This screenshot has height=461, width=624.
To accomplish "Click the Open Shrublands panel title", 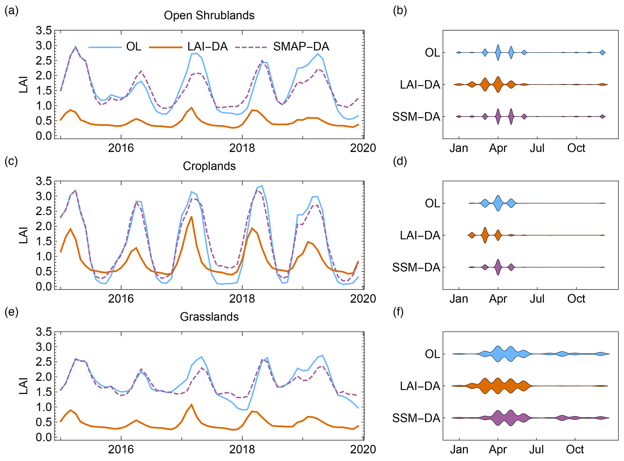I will pos(209,15).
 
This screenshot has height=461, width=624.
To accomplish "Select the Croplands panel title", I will pos(209,166).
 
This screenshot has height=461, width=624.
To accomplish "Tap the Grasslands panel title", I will pos(209,317).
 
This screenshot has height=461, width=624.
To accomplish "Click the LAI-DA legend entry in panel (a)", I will pos(207,47).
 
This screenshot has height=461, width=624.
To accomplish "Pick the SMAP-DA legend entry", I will pos(301,47).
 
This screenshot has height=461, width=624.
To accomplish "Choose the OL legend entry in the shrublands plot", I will pos(134,47).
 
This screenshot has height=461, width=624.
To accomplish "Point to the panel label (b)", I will pos(400,11).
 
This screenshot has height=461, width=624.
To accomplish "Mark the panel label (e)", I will pos(11,312).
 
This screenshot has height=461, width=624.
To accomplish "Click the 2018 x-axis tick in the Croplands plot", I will pos(242,298).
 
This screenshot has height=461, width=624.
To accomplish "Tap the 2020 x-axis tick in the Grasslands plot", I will pos(363,449).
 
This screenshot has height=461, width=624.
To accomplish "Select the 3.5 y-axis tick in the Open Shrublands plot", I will pos(44,31).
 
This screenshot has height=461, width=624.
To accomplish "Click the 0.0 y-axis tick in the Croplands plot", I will pos(44,286).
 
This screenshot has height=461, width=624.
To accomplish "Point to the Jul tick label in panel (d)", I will pos(537,299).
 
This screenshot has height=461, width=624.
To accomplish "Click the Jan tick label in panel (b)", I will pos(459,148).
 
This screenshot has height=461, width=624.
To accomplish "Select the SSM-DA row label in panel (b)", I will pos(416,117).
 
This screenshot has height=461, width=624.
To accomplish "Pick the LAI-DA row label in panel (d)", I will pos(420,235).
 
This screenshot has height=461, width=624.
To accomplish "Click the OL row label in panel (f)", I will pos(432,354).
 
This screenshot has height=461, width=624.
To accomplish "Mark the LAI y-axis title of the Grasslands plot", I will pos(24,386).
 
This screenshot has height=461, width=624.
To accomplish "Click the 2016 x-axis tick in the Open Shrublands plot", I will pos(121,148).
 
